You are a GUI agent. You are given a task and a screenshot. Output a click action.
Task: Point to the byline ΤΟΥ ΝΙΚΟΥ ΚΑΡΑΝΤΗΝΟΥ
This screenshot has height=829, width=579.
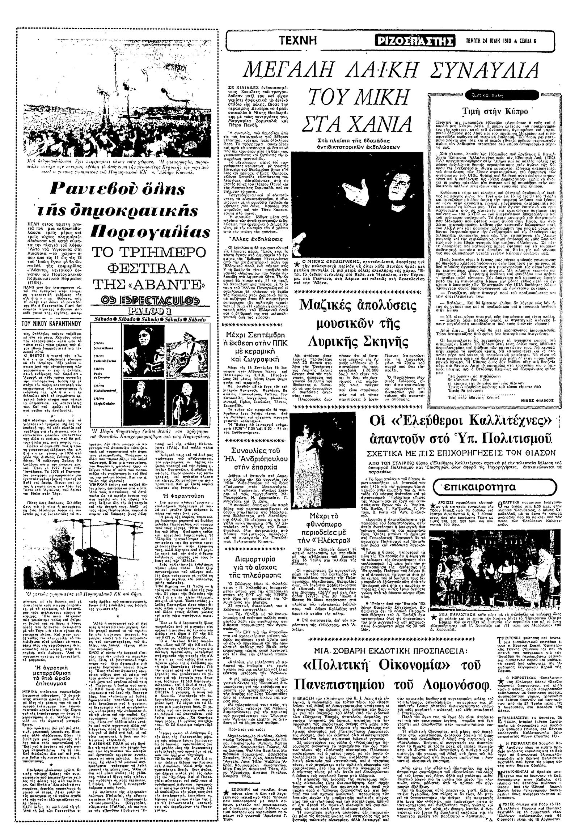[x=47, y=323]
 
